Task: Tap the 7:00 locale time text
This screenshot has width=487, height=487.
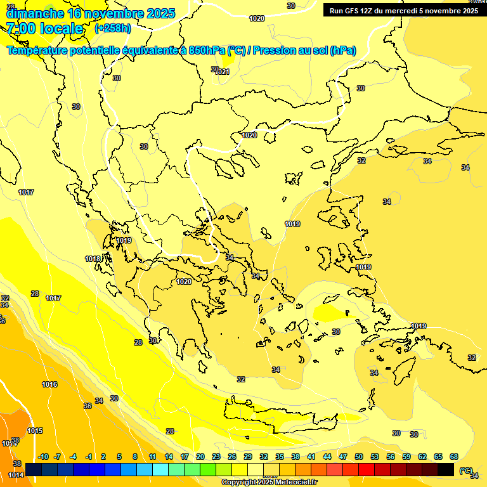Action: pos(44,29)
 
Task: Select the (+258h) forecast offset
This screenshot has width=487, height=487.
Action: pos(112,29)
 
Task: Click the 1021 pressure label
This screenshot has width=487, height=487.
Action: pos(223,72)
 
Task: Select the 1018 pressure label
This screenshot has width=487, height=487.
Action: pos(93,259)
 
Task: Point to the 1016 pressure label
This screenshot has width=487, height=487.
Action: pos(49,384)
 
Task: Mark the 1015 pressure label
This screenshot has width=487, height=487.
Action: pos(35,431)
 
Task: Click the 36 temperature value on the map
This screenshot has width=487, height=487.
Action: pos(88,406)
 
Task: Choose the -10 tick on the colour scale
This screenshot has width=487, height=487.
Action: pos(43,457)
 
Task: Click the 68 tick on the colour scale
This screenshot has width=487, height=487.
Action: pos(454,457)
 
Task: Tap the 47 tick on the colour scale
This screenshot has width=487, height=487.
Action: pos(343,457)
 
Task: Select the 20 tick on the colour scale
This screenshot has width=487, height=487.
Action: pos(200,457)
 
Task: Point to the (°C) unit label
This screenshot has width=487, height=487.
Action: pos(466,471)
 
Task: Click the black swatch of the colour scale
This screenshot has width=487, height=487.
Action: pos(445,469)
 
